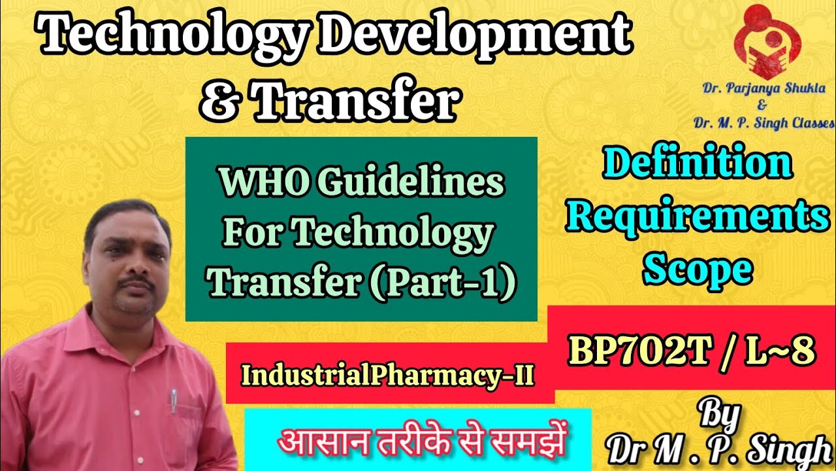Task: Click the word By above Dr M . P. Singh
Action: [720, 414]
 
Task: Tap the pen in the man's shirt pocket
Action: [174, 402]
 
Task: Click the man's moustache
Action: [137, 286]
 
